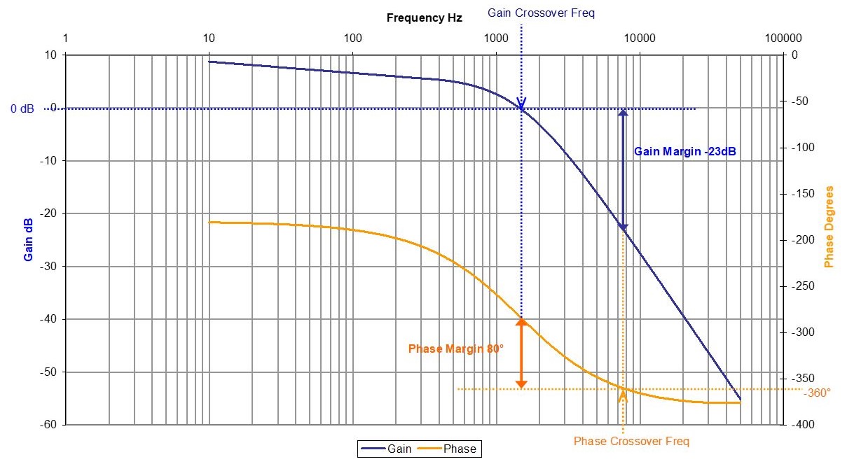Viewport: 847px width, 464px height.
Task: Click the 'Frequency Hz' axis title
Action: tap(424, 18)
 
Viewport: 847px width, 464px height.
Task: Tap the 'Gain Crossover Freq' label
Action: tap(542, 13)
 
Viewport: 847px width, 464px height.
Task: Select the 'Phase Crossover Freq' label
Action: tap(631, 441)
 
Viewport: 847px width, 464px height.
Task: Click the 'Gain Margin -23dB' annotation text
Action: tap(684, 151)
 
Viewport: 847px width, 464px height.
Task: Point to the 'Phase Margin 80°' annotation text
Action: tap(456, 349)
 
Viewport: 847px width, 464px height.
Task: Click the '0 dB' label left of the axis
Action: tap(22, 108)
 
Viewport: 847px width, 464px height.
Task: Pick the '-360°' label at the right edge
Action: tap(817, 393)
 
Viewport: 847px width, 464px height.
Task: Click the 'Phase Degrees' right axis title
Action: tap(829, 227)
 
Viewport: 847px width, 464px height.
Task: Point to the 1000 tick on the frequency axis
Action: tap(496, 38)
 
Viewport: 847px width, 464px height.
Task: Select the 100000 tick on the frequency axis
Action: tap(783, 38)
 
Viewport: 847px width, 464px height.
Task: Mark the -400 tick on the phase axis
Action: tap(804, 425)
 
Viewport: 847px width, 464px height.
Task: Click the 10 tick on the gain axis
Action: tap(51, 55)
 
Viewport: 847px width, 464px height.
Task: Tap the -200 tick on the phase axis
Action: tap(804, 239)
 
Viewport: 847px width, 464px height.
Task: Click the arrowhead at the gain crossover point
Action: tap(521, 104)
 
